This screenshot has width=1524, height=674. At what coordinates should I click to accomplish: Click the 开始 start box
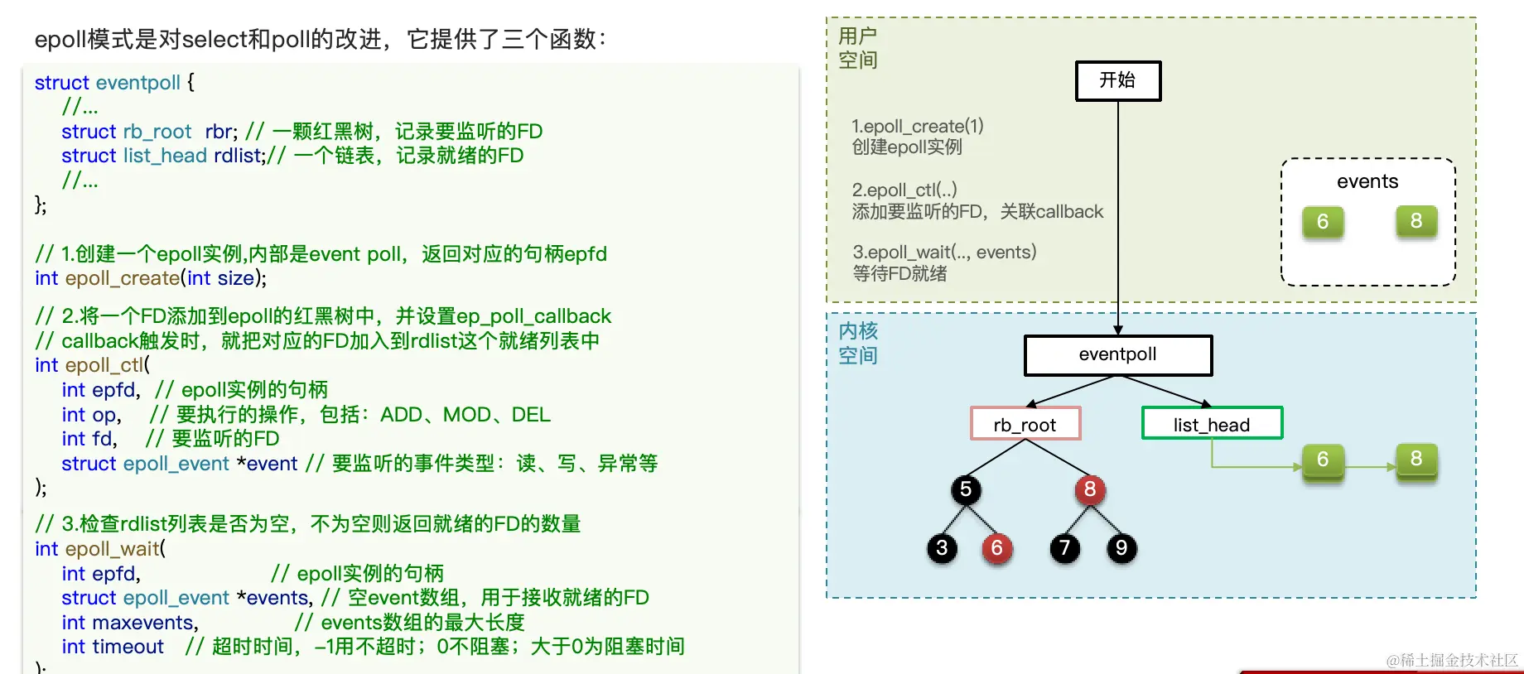click(1117, 81)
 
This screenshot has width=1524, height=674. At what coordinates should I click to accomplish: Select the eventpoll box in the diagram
click(1117, 355)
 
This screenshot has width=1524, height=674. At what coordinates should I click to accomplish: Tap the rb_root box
click(1025, 425)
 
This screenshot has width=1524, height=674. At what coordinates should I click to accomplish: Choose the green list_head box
click(1211, 425)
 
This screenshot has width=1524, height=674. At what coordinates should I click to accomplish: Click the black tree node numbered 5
click(966, 490)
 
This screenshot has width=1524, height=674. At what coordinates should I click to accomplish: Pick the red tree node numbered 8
click(1090, 490)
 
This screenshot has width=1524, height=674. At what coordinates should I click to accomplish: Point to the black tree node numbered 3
click(942, 548)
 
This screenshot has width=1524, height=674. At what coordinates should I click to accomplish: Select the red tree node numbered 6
click(997, 548)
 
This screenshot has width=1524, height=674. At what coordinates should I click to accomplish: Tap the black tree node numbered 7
click(1065, 548)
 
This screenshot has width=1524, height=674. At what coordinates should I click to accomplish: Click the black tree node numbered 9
click(1121, 548)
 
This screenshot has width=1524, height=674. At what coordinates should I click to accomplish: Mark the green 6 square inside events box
click(1323, 222)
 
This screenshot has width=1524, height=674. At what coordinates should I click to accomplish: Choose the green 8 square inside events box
click(1416, 221)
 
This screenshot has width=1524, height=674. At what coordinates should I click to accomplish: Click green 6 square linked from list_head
click(1323, 460)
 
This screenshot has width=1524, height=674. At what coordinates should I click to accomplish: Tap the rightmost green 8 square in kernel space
click(1416, 460)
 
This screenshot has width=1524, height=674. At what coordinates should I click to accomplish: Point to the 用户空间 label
click(857, 48)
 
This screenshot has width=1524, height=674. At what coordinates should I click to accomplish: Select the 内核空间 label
click(857, 344)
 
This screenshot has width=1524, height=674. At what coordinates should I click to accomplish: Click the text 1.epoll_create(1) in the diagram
click(918, 126)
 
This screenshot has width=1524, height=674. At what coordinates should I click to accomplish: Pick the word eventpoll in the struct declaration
click(137, 83)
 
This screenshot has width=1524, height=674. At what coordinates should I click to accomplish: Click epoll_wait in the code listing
click(112, 549)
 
